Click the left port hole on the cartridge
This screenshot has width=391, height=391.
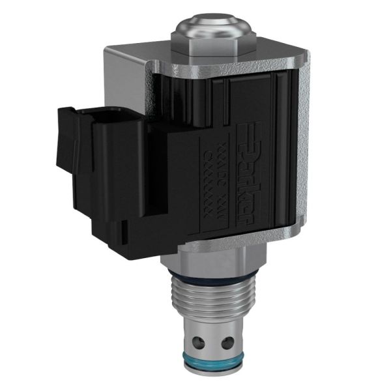198,341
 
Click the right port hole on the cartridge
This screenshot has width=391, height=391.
227,343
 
